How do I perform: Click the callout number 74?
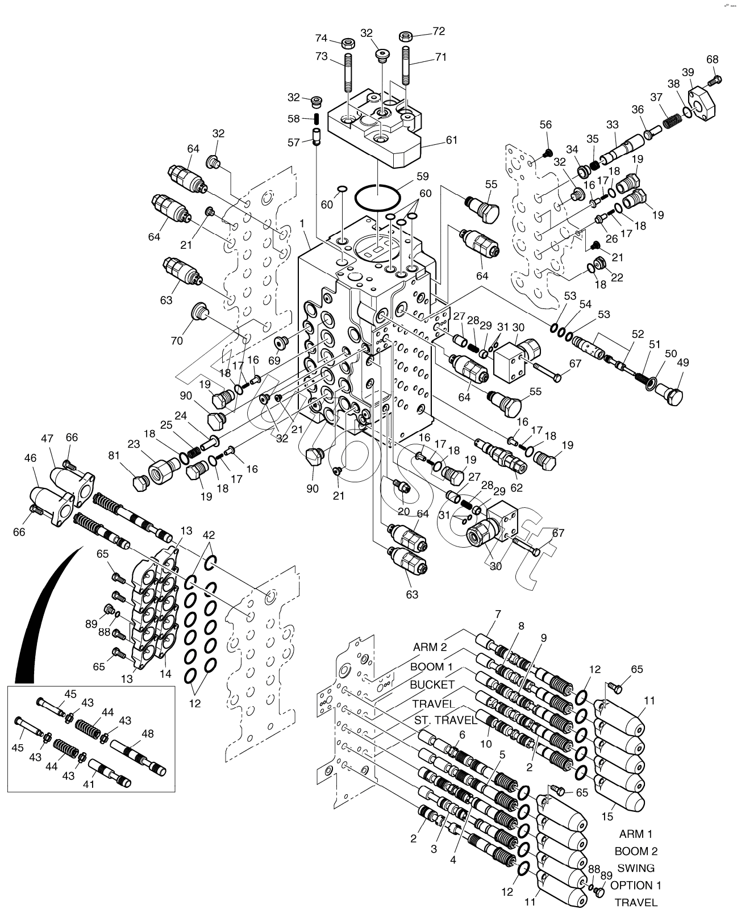pos(322,38)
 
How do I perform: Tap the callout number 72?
pos(439,31)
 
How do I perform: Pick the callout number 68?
pos(713,59)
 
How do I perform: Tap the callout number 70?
pos(177,340)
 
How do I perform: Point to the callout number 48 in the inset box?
pos(148,733)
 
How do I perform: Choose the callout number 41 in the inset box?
pos(89,785)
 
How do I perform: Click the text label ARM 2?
pos(430,646)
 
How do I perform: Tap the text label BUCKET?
pos(432,685)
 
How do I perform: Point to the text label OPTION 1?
pos(635,885)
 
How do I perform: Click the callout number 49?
pos(682,362)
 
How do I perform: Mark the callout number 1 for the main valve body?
pos(303,223)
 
